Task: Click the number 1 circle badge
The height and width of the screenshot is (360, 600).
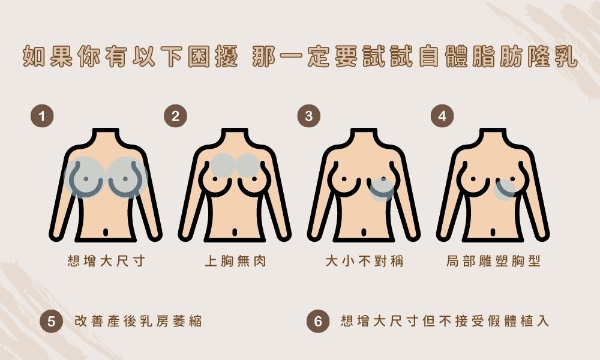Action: coord(42,116)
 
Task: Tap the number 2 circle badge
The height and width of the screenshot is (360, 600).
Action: coord(175,116)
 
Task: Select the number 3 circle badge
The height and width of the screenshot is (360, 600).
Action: coord(309,116)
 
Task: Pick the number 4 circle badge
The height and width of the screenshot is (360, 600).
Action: coord(442,116)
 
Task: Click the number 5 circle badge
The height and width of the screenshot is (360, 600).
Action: coord(51,321)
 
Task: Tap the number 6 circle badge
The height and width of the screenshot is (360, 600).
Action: coord(318,321)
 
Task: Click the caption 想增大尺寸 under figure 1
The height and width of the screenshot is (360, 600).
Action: coord(106,261)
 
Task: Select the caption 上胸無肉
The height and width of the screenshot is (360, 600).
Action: coord(235,261)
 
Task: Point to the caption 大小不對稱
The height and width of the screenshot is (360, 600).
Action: coord(364,261)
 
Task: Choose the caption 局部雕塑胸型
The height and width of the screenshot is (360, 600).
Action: coord(494,261)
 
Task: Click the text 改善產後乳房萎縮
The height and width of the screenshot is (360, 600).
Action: coord(138,321)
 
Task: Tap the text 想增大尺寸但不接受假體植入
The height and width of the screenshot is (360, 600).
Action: coord(445,321)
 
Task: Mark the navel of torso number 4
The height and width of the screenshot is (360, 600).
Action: coord(493,232)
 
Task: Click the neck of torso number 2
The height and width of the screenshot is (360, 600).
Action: coord(235,138)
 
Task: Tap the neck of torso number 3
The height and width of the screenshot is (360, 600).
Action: coord(364,138)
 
